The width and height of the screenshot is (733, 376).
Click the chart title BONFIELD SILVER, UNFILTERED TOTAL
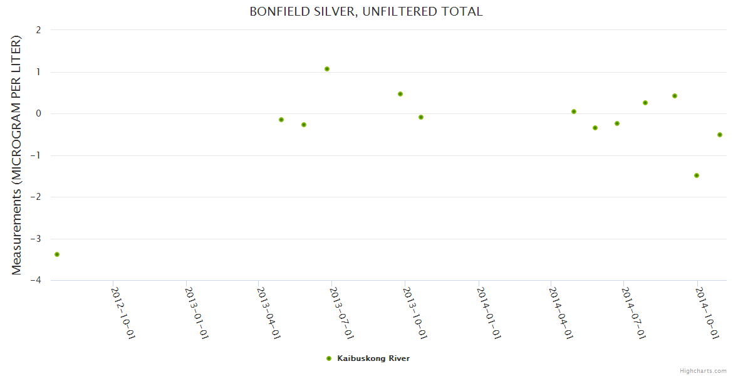(x=366, y=12)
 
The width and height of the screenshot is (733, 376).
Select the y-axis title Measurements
(x=17, y=155)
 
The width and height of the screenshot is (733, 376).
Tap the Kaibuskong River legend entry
(x=373, y=358)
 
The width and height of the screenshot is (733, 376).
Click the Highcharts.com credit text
(x=703, y=371)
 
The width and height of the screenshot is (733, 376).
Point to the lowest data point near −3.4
(x=57, y=254)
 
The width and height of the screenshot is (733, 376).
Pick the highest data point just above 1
(x=327, y=69)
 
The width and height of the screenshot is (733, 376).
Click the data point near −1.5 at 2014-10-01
(x=697, y=175)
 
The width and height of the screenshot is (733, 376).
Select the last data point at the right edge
(x=720, y=135)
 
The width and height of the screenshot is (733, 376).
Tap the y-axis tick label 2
(x=39, y=30)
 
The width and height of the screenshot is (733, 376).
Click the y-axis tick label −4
(x=36, y=281)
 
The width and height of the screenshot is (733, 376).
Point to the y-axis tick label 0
(x=39, y=113)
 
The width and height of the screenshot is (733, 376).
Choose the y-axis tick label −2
(x=36, y=197)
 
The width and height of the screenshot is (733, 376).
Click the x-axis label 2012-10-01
(x=123, y=312)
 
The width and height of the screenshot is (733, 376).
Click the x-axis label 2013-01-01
(x=197, y=312)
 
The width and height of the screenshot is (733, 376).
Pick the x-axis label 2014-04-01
(x=561, y=312)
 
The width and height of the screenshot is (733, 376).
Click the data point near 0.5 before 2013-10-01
(x=400, y=94)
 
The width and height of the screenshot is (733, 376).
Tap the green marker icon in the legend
(x=328, y=358)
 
